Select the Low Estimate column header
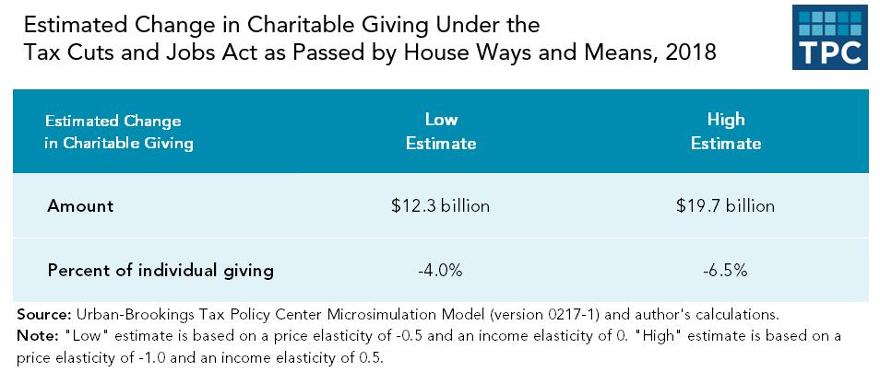(441, 132)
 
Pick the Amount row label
(80, 205)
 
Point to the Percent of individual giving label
(161, 271)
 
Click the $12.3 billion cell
(441, 205)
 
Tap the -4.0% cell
(441, 271)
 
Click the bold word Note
(34, 335)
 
